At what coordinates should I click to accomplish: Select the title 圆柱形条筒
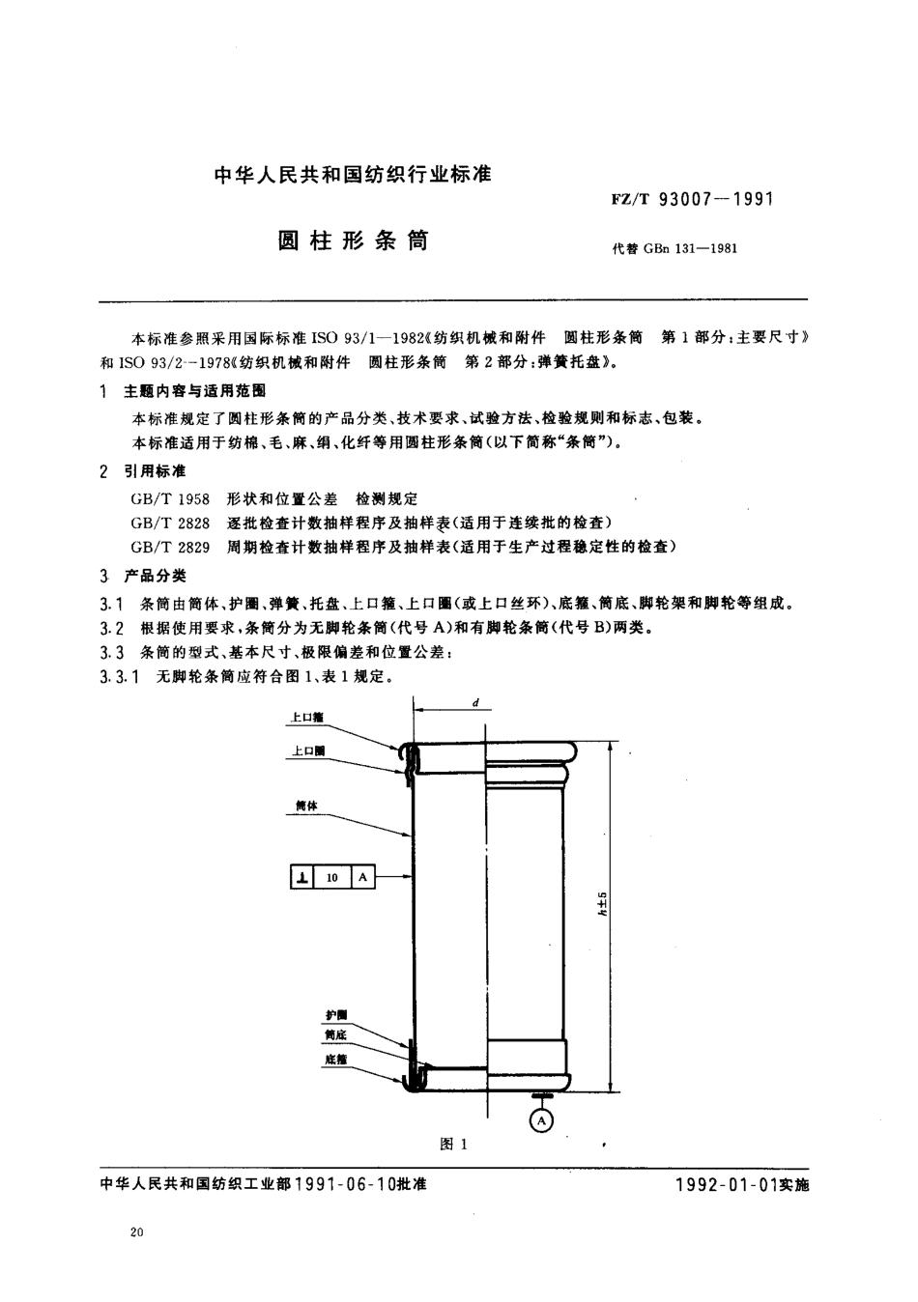[x=354, y=241]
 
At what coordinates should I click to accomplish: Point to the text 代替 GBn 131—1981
[x=674, y=248]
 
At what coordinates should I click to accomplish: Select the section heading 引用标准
[x=155, y=471]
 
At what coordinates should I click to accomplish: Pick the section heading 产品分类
[x=155, y=576]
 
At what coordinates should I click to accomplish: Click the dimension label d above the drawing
[x=476, y=703]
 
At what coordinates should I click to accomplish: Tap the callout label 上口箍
[x=307, y=719]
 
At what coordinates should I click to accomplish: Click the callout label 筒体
[x=306, y=804]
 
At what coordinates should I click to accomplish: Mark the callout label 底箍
[x=335, y=1060]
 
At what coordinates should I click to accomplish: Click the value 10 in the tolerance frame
[x=332, y=878]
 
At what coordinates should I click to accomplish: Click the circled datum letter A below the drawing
[x=542, y=1120]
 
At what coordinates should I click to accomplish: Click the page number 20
[x=135, y=1232]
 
